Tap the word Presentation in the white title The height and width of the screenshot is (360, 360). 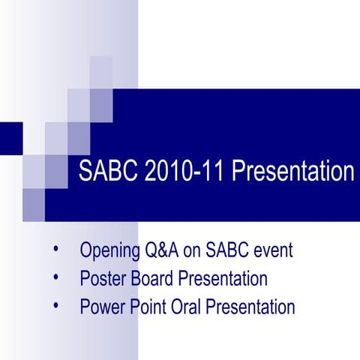point(292,171)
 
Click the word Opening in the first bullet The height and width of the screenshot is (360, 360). point(109,250)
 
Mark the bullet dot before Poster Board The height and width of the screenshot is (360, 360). point(55,277)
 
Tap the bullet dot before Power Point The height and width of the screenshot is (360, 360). point(55,305)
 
